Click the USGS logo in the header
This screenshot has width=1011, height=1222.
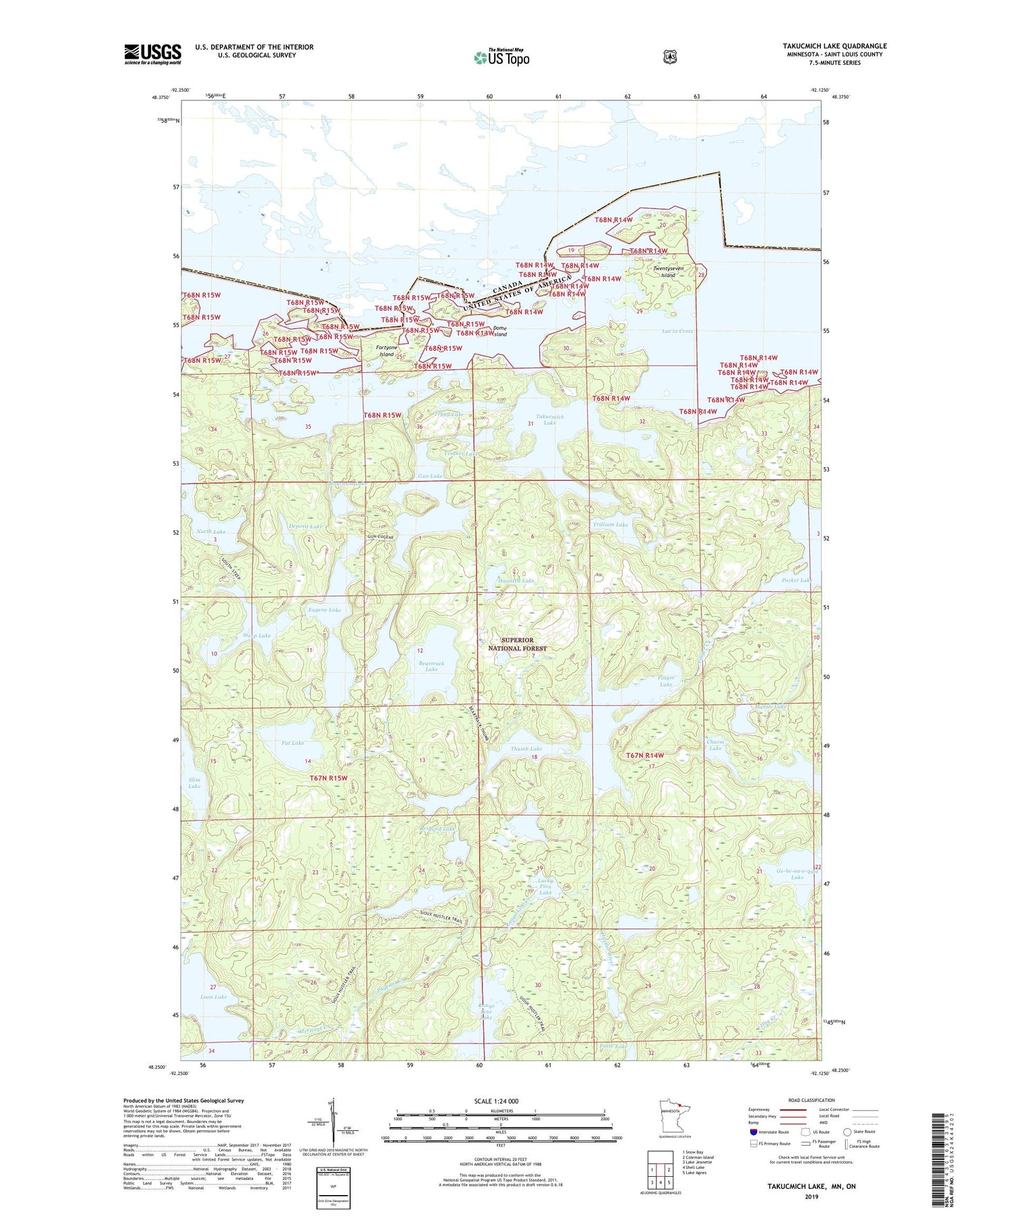click(152, 54)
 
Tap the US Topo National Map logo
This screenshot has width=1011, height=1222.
click(501, 57)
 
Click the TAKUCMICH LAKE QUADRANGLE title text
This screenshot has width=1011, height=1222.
click(834, 47)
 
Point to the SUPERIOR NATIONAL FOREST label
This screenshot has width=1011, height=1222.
click(517, 644)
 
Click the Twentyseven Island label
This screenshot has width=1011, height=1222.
click(668, 272)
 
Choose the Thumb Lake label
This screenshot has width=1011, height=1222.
click(526, 749)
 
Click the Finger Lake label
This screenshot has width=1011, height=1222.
click(665, 681)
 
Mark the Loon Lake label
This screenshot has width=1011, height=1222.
click(214, 996)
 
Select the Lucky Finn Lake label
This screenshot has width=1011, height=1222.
click(545, 886)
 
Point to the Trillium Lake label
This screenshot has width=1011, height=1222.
click(610, 524)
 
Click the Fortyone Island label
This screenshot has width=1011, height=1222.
click(386, 350)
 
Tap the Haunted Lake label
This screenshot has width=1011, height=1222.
click(516, 580)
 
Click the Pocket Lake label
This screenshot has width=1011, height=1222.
click(797, 580)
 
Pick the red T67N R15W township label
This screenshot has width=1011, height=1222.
click(328, 778)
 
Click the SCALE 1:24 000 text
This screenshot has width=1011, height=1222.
click(496, 1101)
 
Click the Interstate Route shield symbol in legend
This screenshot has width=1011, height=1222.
click(754, 1132)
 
